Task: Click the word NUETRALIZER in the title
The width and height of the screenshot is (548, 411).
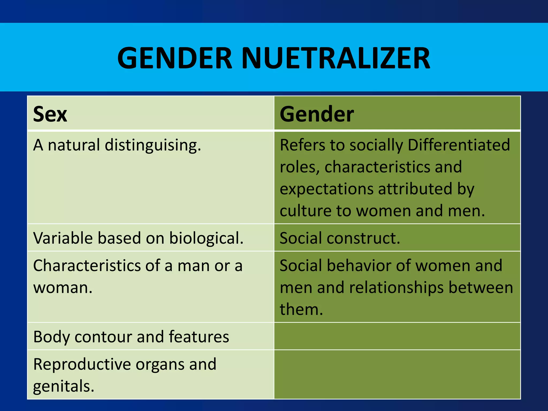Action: point(336,58)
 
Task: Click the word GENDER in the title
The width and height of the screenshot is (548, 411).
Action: point(175,58)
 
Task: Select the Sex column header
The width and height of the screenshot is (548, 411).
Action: point(50,114)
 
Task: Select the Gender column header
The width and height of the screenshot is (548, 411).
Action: point(317,114)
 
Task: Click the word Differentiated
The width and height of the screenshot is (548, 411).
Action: point(459,145)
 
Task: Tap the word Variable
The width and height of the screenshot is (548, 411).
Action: point(63,238)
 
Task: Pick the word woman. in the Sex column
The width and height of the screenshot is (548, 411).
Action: point(63,288)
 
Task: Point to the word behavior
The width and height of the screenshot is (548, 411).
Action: point(359,266)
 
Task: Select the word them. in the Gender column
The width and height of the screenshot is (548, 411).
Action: point(301,309)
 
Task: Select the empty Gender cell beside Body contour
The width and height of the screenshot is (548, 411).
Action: point(397,336)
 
